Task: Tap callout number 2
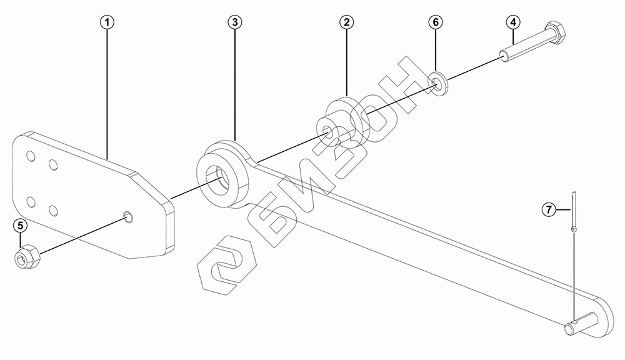pyautogui.click(x=346, y=22)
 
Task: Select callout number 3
pyautogui.click(x=234, y=22)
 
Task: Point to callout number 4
pyautogui.click(x=512, y=22)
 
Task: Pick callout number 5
pyautogui.click(x=20, y=224)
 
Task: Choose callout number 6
pyautogui.click(x=436, y=22)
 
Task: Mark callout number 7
pyautogui.click(x=547, y=209)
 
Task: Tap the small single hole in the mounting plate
pyautogui.click(x=128, y=216)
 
